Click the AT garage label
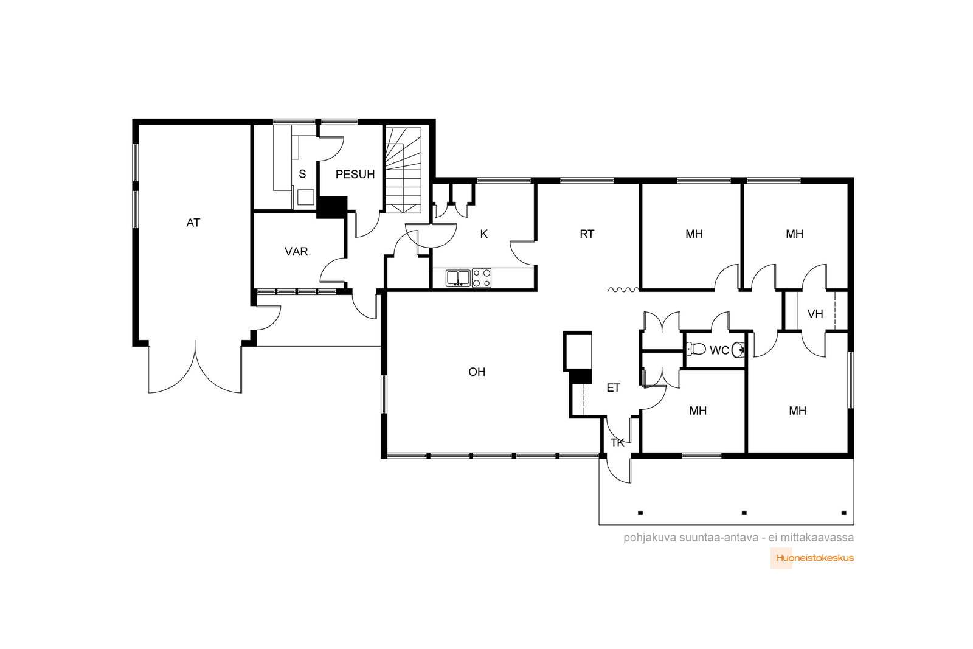[x=193, y=223]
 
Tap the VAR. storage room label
[x=297, y=252]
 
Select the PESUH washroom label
[x=355, y=174]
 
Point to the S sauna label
[x=302, y=174]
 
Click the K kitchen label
[x=484, y=234]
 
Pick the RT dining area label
[x=587, y=234]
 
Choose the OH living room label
[x=477, y=372]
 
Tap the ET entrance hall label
[x=614, y=388]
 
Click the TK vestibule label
[x=617, y=443]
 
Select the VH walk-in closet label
[x=815, y=314]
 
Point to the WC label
[x=719, y=350]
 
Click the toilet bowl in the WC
[x=696, y=349]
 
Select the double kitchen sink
[x=459, y=278]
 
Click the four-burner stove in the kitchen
[x=482, y=278]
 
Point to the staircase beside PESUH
[x=404, y=170]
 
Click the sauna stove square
[x=306, y=197]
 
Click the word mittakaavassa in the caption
[x=817, y=538]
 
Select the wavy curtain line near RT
[x=623, y=290]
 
